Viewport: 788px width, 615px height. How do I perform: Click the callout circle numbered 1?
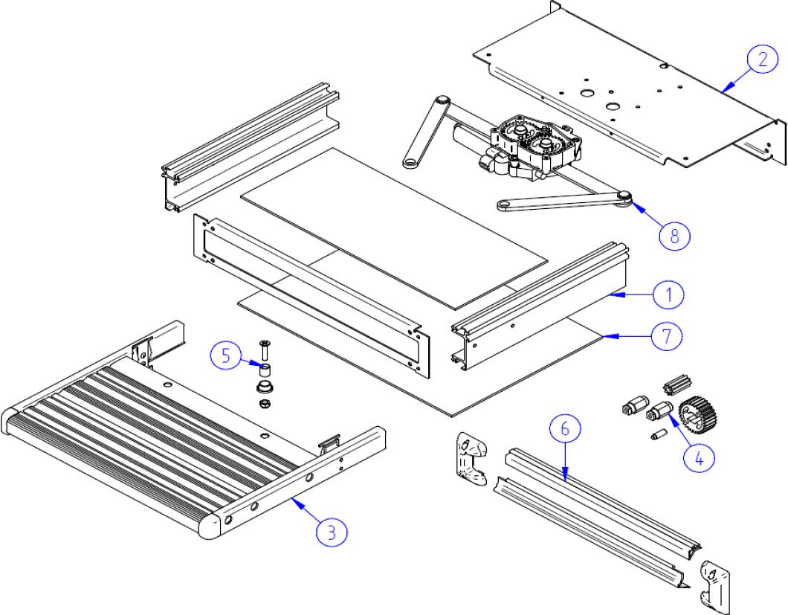click(669, 295)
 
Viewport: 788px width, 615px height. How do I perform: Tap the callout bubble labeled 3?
click(332, 532)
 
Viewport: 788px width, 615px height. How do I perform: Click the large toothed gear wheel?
click(697, 414)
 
